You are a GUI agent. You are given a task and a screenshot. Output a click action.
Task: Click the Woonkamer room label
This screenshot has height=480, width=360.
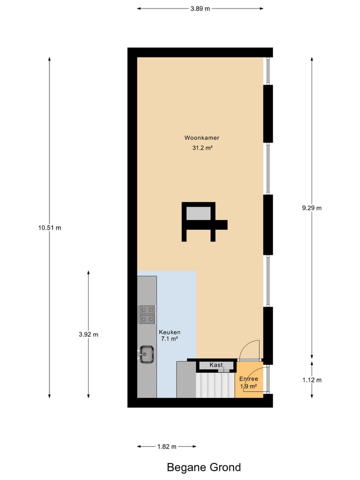tap(201, 137)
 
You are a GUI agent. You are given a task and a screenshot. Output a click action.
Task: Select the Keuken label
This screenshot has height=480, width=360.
tap(169, 332)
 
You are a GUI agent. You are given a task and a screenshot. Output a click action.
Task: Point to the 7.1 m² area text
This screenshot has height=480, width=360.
tap(169, 339)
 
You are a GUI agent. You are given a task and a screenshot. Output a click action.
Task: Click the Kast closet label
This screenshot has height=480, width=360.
tap(216, 365)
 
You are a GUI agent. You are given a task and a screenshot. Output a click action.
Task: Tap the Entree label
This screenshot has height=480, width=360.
tap(248, 379)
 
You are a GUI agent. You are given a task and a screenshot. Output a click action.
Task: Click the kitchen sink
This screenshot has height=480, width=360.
tap(147, 354)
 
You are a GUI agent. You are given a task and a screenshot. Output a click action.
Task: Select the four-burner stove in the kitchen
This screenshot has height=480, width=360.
tap(147, 314)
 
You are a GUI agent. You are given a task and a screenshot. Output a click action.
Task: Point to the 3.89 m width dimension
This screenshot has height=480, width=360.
tap(200, 8)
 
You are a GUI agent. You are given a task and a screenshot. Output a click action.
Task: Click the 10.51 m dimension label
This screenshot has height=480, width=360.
tap(49, 227)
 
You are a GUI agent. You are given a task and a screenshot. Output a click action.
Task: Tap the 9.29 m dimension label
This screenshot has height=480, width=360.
tap(312, 208)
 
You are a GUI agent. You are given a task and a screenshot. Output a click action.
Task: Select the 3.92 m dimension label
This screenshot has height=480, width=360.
tap(88, 334)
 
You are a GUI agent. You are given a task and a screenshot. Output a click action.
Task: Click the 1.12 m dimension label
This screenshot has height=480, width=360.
tap(312, 380)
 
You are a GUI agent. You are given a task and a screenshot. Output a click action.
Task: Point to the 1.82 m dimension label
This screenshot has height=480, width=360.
tap(166, 446)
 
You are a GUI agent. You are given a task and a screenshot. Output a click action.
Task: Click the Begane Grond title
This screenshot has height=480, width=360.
tap(203, 467)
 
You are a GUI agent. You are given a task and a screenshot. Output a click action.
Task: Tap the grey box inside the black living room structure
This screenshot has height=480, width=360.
tap(198, 213)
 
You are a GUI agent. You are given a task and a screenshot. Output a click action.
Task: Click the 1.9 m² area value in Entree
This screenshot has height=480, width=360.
tap(248, 386)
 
